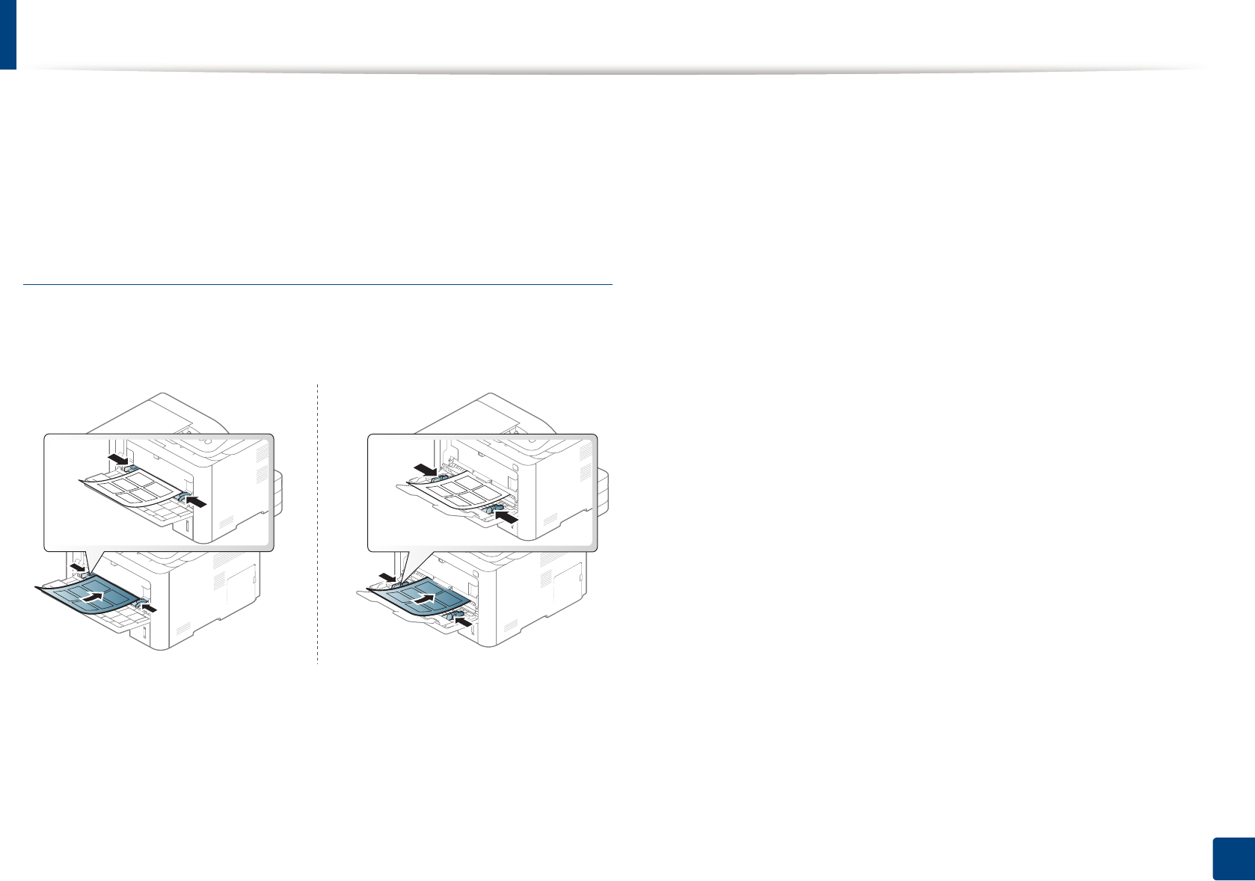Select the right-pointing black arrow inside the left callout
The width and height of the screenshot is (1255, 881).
117,457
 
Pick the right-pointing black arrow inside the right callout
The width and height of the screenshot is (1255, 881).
426,469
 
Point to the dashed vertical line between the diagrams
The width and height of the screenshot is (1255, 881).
318,524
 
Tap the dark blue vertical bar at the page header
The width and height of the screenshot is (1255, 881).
7,34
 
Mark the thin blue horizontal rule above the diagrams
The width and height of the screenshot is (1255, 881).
318,284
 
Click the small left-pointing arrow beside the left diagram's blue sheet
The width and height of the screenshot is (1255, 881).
150,608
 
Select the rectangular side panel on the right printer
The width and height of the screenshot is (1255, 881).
568,580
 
